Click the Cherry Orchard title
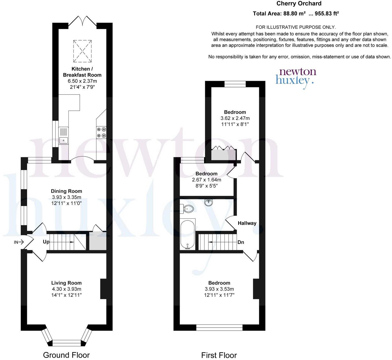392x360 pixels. point(299,4)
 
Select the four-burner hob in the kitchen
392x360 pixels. point(101,132)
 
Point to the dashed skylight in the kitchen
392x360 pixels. point(82,51)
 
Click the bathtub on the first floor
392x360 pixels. point(188,234)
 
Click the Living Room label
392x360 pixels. point(66,283)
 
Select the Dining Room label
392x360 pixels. point(66,191)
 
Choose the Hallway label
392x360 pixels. point(247,223)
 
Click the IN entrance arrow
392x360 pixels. point(19,242)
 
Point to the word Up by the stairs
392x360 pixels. point(46,242)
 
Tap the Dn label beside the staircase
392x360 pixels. point(241,242)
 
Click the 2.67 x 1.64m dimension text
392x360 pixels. point(207,180)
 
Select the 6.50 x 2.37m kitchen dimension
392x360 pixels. point(82,81)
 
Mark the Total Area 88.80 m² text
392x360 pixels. point(296,14)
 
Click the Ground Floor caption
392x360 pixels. point(66,355)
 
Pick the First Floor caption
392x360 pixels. point(219,355)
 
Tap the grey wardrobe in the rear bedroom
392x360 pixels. point(223,155)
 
